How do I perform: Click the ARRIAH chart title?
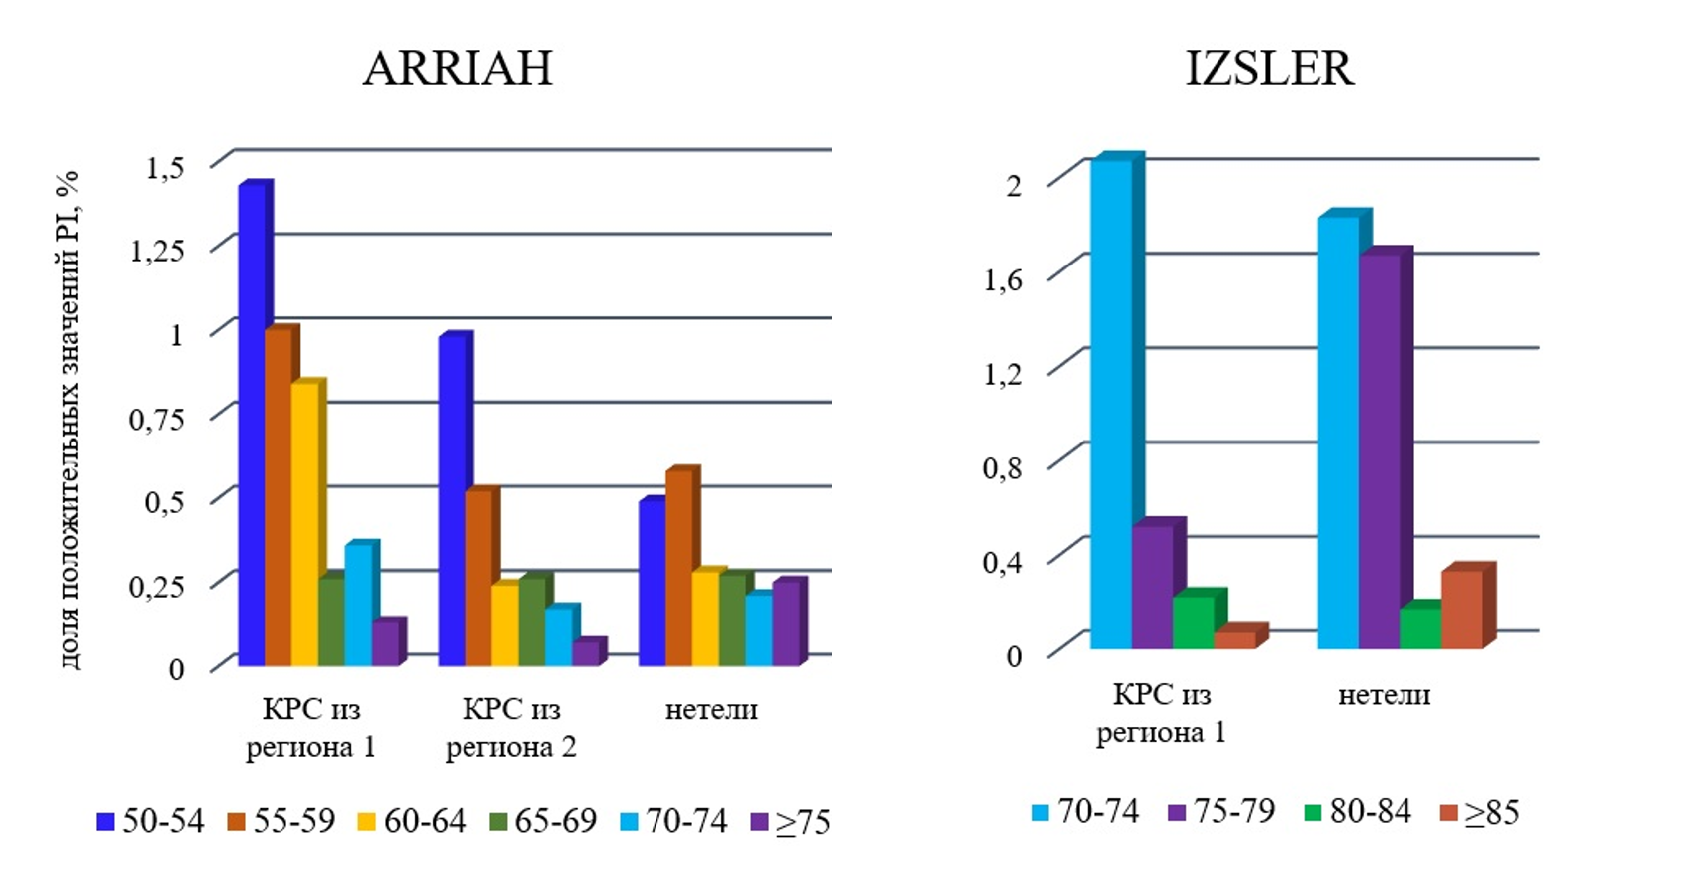[458, 68]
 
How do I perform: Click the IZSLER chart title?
[1269, 68]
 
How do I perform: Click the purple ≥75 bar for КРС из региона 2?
[586, 653]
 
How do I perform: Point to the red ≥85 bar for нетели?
[1461, 610]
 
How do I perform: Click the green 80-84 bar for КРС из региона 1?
[1194, 622]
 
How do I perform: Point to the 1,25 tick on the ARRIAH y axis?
[157, 250]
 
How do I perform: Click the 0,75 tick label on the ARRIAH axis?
[157, 419]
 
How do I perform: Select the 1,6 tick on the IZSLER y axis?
[1002, 279]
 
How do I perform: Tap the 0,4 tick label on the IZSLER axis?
[1002, 563]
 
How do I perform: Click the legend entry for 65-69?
[543, 821]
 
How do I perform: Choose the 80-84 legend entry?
[1358, 812]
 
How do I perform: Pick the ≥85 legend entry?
[1480, 812]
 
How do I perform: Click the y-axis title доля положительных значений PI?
[67, 419]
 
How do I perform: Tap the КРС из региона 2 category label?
[511, 728]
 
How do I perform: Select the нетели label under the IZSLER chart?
[1384, 695]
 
